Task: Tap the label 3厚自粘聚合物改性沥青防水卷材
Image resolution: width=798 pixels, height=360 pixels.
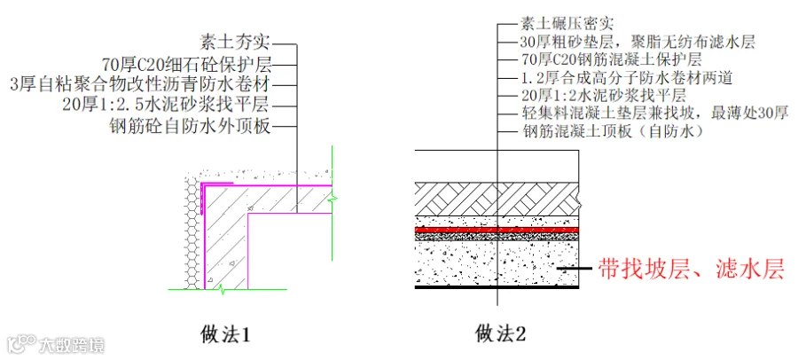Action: click(138, 84)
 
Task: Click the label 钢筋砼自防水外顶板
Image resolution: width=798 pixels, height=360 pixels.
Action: click(191, 127)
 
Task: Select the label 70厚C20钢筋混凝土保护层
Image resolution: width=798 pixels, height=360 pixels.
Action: click(612, 60)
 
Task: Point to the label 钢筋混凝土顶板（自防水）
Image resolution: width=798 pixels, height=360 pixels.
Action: click(613, 132)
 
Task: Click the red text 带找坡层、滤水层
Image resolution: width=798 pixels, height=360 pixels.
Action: click(691, 269)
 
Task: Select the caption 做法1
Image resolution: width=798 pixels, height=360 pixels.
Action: click(226, 335)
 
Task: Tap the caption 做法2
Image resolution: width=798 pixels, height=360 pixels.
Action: click(501, 334)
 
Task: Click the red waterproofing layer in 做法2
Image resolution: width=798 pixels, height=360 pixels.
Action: click(497, 230)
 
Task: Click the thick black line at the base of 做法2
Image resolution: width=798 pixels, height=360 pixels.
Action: click(497, 287)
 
